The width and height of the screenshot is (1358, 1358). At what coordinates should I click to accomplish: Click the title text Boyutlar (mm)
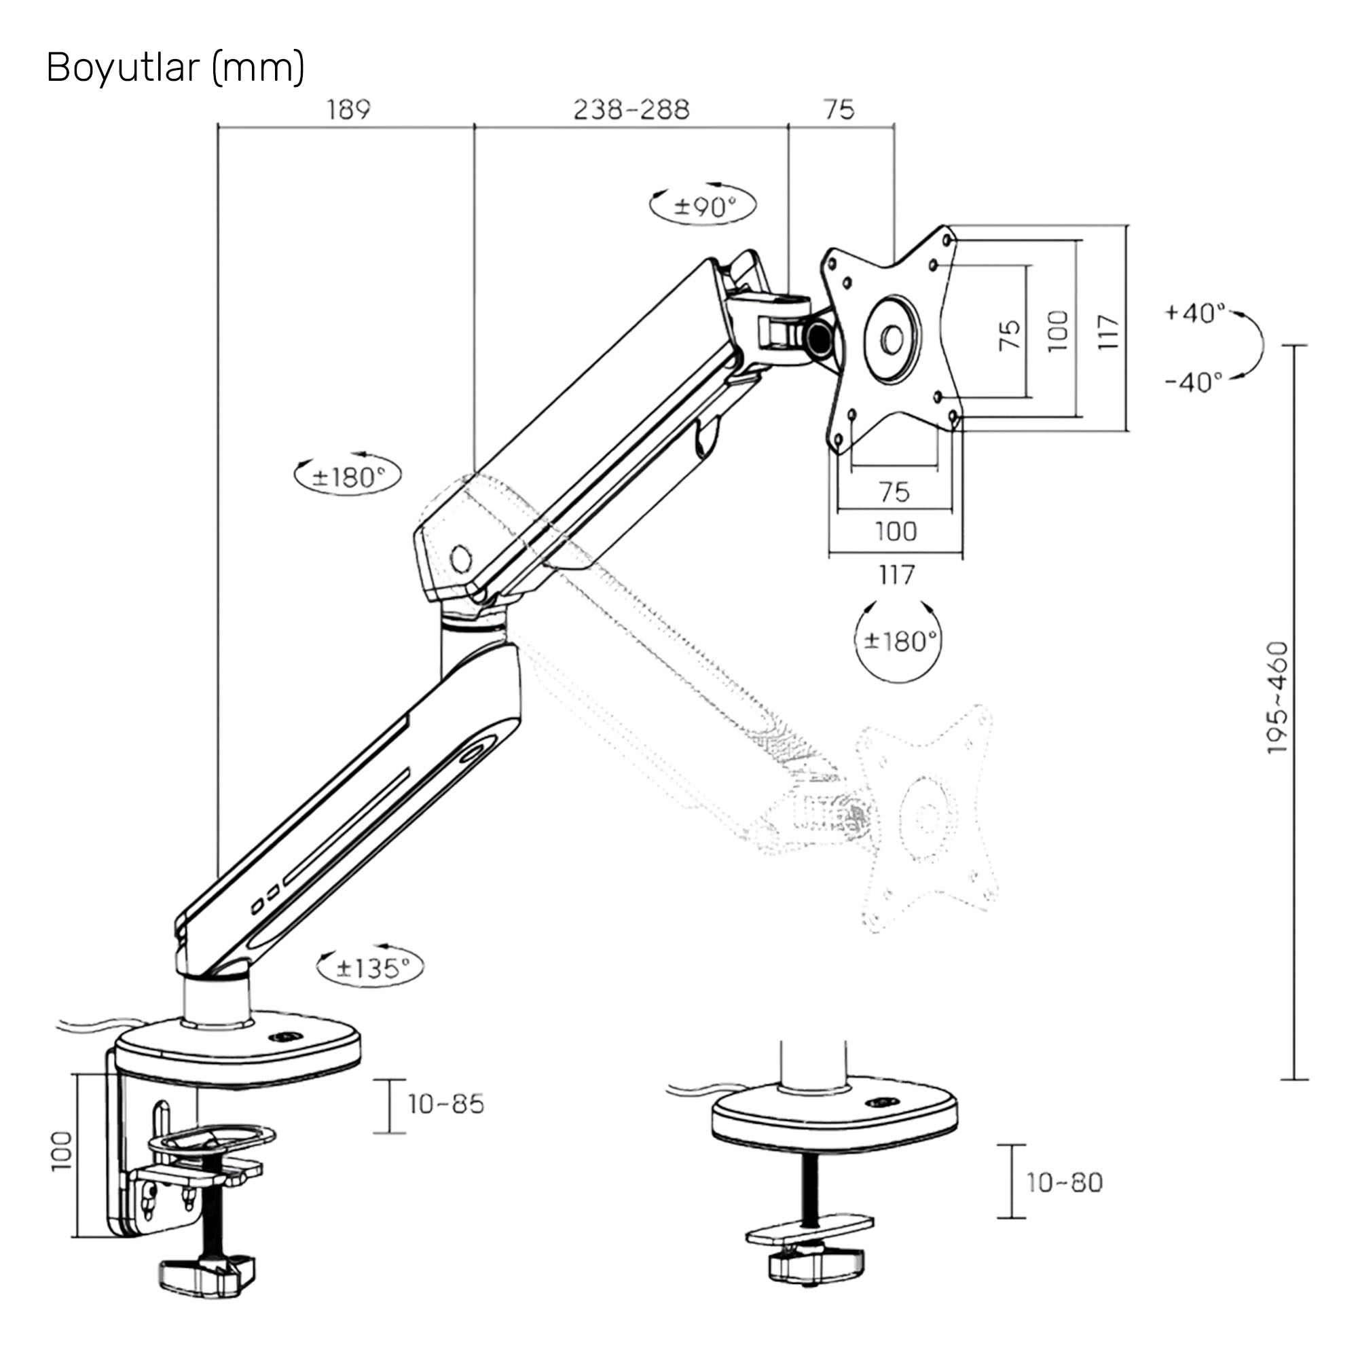[175, 68]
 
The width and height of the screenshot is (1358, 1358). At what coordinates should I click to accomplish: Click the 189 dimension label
[348, 109]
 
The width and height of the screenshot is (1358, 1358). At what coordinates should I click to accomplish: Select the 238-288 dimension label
[631, 109]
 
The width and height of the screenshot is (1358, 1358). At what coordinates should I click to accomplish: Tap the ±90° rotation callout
[703, 206]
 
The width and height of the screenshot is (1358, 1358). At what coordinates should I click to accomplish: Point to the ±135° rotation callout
[371, 969]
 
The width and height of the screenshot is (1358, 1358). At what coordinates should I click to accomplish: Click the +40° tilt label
[1194, 312]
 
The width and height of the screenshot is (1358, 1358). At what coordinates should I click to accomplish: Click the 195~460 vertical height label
[1277, 698]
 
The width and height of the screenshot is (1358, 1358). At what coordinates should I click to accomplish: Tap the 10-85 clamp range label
[446, 1104]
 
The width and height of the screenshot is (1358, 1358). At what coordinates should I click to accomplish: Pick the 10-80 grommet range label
[1064, 1183]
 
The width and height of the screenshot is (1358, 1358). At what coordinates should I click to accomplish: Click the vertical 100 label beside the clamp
[62, 1152]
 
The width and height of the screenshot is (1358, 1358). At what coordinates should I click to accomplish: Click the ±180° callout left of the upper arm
[348, 477]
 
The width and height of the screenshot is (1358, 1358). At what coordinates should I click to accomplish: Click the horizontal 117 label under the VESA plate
[896, 575]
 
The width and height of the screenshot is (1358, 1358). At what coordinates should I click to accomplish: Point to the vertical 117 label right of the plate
[1107, 332]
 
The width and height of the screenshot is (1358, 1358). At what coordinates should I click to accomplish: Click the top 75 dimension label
[839, 109]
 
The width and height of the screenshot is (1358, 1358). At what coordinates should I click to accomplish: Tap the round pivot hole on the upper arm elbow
[461, 559]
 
